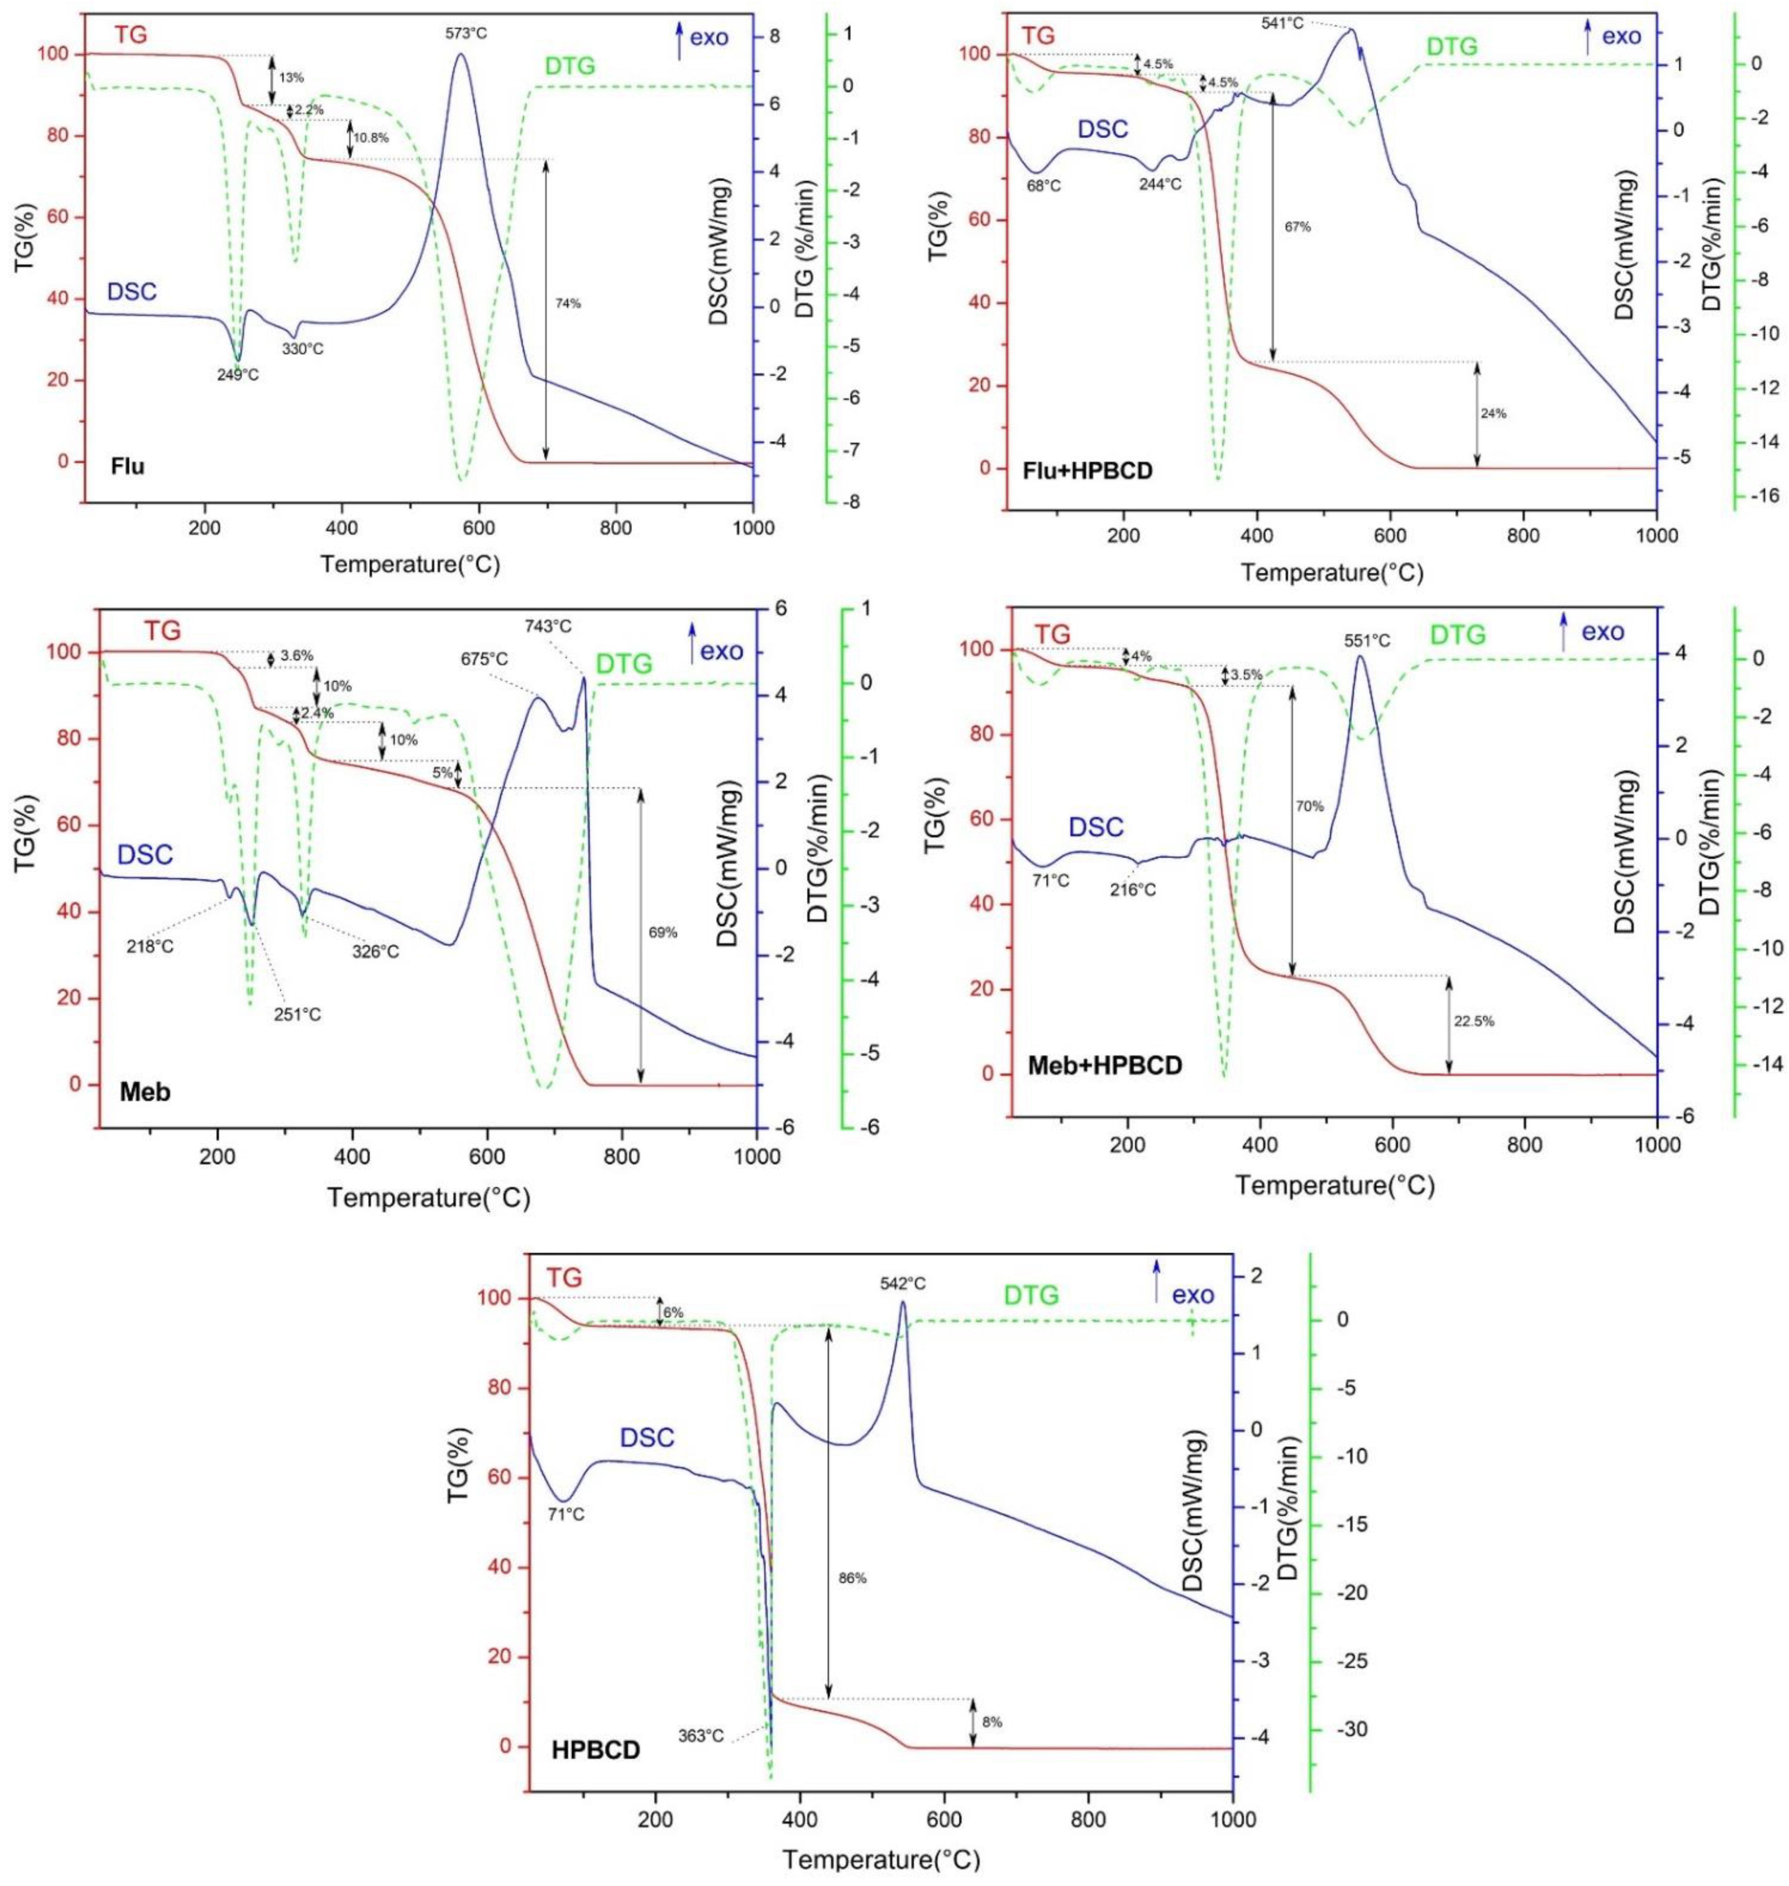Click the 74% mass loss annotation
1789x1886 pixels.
coord(567,304)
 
